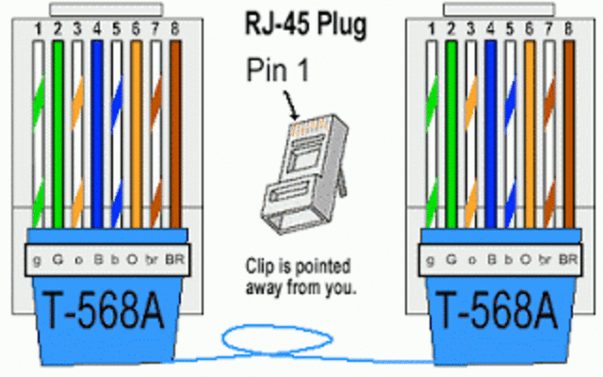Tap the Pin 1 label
point(279,70)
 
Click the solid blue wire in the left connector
point(97,132)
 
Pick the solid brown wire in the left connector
point(175,132)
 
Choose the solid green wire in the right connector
point(450,132)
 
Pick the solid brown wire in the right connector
point(568,132)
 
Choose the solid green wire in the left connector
point(57,132)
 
